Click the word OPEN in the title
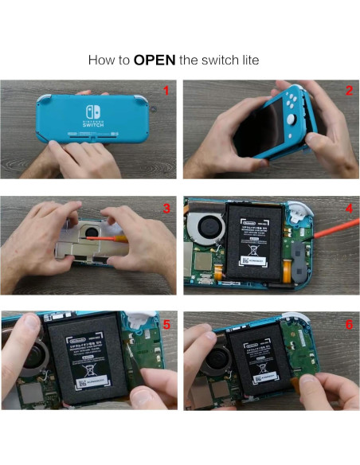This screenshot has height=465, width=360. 155,60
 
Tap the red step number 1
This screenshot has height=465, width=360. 165,90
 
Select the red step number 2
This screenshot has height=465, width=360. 348,90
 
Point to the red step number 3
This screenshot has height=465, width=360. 166,209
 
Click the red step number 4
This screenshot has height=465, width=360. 349,209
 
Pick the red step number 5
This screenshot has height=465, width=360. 166,324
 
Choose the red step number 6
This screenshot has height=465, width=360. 349,324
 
